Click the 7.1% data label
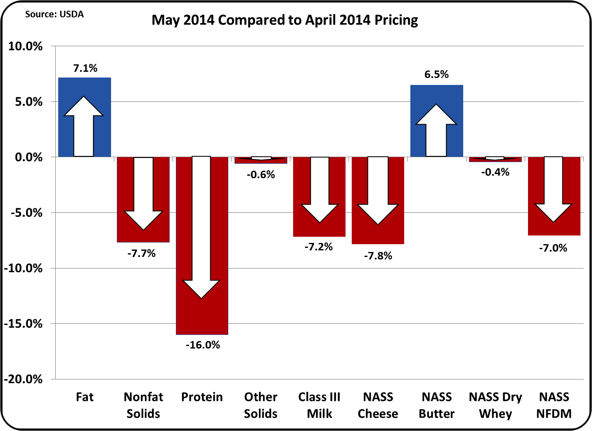[85, 68]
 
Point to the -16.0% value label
[203, 345]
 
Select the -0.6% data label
[261, 174]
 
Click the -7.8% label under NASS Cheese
[378, 256]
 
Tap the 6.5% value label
[436, 74]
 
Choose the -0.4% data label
[495, 172]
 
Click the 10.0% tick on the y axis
[26, 46]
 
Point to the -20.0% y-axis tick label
[24, 379]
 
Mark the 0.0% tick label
[28, 157]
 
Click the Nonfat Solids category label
[143, 405]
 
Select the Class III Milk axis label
[319, 405]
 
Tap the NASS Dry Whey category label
[495, 405]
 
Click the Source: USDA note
[54, 14]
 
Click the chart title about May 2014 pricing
[284, 20]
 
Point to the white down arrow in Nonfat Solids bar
[144, 194]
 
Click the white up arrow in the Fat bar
[84, 126]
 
